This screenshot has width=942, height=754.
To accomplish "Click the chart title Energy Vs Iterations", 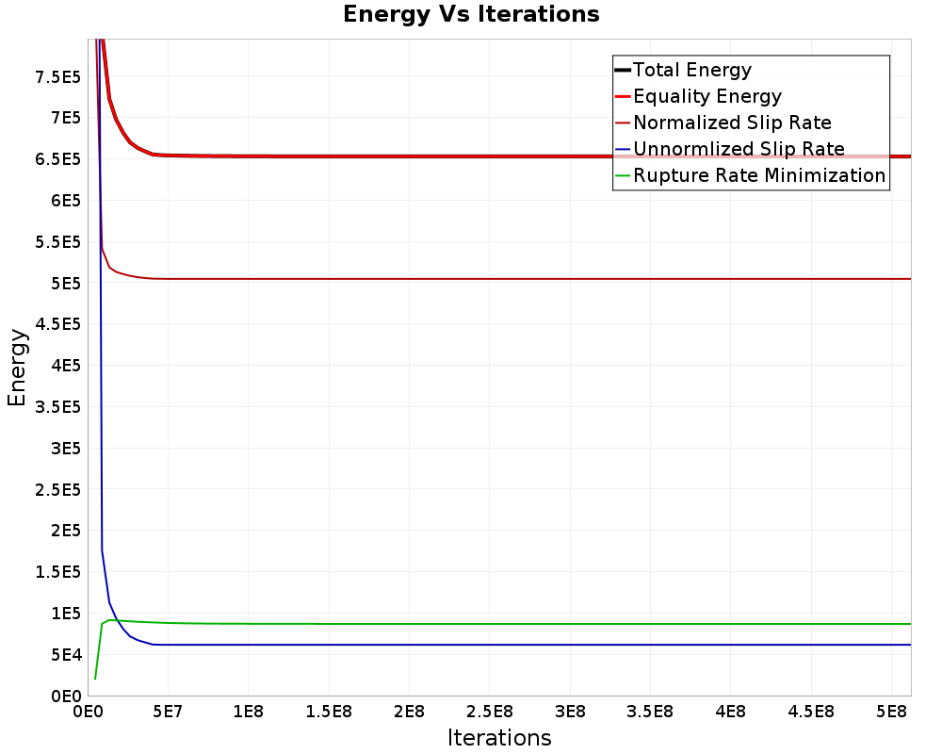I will point(471,15).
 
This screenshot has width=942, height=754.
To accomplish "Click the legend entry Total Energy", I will point(692,70).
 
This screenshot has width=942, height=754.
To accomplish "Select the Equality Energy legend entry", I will point(707,96).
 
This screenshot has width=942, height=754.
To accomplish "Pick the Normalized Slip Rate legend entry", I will point(732,123).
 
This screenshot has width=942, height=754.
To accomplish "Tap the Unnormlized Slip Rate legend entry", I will point(739,149).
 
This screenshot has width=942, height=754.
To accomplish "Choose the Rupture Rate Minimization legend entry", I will point(759,175).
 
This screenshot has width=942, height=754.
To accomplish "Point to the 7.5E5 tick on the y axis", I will point(57,76).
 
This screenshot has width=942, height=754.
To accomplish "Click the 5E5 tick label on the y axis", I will point(64,283).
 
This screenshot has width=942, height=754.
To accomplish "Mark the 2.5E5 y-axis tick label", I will point(57,489).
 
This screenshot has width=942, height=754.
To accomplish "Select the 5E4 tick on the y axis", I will point(64,654).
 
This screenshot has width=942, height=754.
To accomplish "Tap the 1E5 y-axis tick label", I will point(64,613).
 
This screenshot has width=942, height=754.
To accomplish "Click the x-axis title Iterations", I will point(499,737).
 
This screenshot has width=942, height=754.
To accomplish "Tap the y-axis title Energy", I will point(17,368).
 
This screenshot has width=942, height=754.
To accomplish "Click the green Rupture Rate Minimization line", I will point(471,624).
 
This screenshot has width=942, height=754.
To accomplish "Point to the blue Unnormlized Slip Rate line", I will point(471,645).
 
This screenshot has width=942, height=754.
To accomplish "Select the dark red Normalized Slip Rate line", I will point(471,279).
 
